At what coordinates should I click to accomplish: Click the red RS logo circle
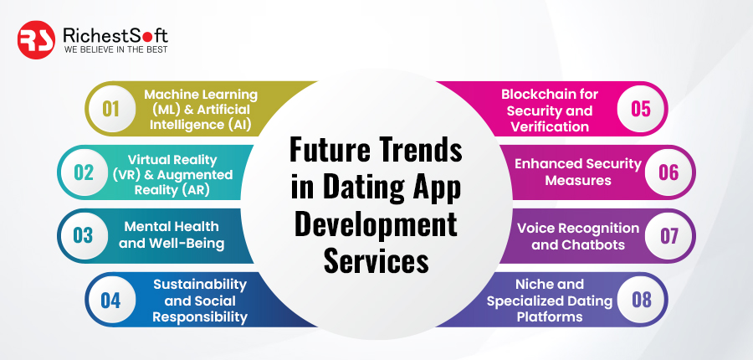[x=36, y=40]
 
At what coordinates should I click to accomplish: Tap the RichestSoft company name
[x=115, y=35]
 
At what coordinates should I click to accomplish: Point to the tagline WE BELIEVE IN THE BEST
[x=115, y=49]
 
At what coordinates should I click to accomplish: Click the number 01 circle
[x=110, y=109]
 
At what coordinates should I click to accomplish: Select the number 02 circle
[x=83, y=172]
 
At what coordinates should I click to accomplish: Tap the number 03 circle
[x=83, y=235]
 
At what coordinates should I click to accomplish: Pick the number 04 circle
[x=110, y=300]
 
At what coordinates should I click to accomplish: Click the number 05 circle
[x=641, y=109]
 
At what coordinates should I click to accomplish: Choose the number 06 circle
[x=668, y=172]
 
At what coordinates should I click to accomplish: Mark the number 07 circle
[x=668, y=235]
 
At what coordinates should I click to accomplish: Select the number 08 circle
[x=641, y=300]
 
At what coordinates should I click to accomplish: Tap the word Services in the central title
[x=376, y=262]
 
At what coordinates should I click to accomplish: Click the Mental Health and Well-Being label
[x=172, y=235]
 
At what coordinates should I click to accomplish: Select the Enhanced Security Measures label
[x=578, y=172]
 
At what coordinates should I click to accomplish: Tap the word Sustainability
[x=200, y=285]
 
